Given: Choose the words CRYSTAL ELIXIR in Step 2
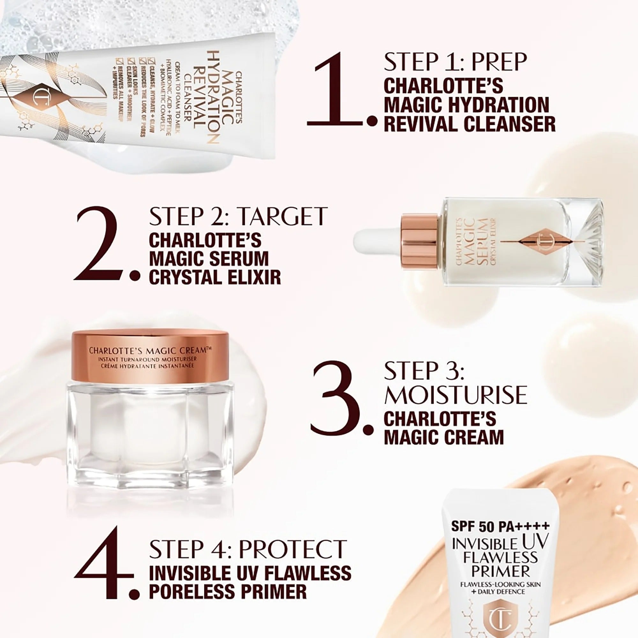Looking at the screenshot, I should pos(215,277).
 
